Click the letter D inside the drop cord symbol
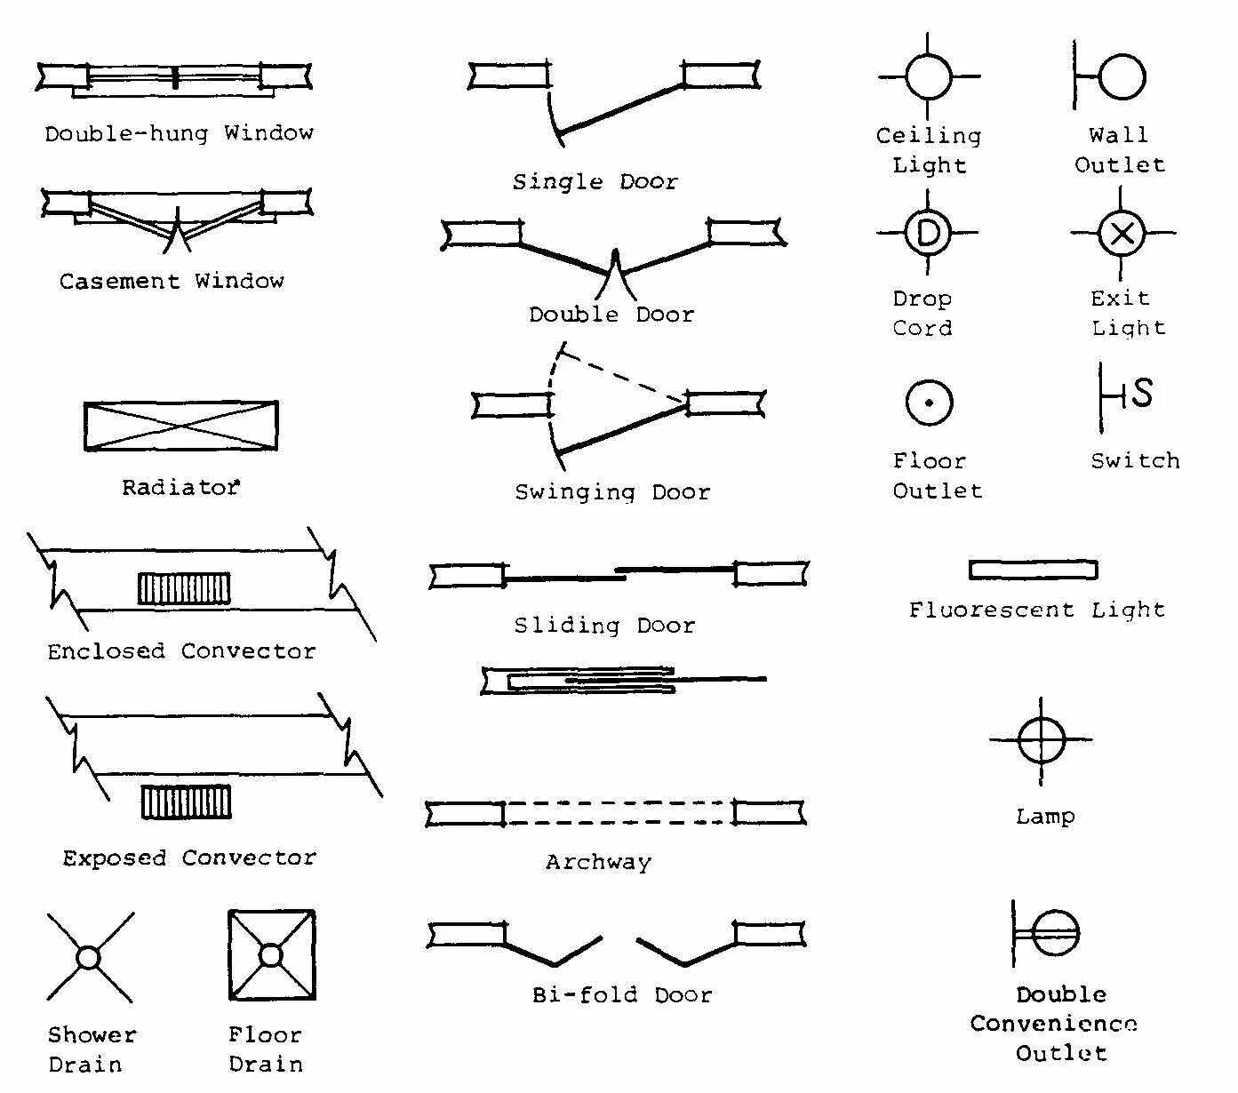pyautogui.click(x=927, y=233)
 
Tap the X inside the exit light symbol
pyautogui.click(x=1122, y=234)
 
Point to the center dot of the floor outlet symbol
pyautogui.click(x=929, y=403)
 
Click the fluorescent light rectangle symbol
pyautogui.click(x=1033, y=570)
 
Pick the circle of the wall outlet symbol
pyautogui.click(x=1122, y=76)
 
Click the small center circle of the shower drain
pyautogui.click(x=88, y=958)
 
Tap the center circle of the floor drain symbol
pyautogui.click(x=271, y=955)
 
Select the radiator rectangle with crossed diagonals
pyautogui.click(x=180, y=427)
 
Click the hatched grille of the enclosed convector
pyautogui.click(x=184, y=588)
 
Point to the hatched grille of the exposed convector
pyautogui.click(x=186, y=802)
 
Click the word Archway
pyautogui.click(x=598, y=862)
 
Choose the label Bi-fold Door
pyautogui.click(x=622, y=995)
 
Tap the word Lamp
pyautogui.click(x=1045, y=816)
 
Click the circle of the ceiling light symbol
pyautogui.click(x=929, y=76)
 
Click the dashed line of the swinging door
pyautogui.click(x=622, y=374)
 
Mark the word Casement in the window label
pyautogui.click(x=119, y=282)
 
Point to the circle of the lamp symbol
pyautogui.click(x=1042, y=739)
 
